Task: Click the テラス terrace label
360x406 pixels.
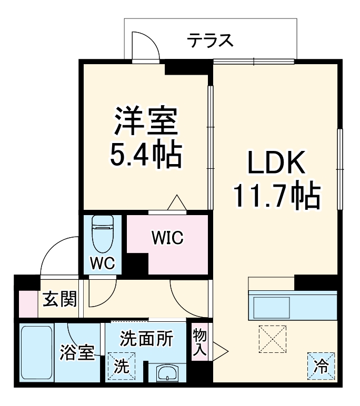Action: (x=211, y=39)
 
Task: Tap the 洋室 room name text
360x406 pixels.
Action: (x=145, y=121)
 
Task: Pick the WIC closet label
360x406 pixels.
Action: (x=167, y=238)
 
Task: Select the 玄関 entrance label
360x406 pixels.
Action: (x=59, y=300)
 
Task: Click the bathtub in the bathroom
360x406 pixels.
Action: (x=36, y=352)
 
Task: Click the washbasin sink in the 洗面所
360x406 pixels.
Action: (x=168, y=373)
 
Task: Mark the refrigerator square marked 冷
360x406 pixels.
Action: (x=321, y=363)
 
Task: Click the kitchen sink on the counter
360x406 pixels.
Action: (x=271, y=306)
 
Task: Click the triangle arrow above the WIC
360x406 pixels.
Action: (x=176, y=203)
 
